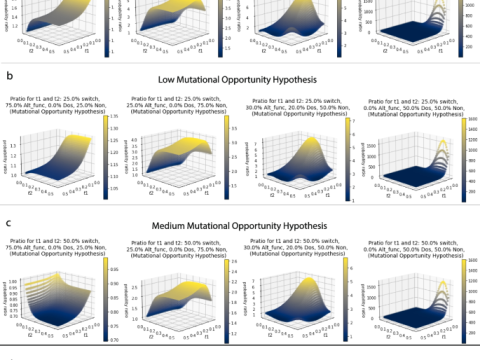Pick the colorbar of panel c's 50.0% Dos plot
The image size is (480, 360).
pyautogui.click(x=465, y=301)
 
